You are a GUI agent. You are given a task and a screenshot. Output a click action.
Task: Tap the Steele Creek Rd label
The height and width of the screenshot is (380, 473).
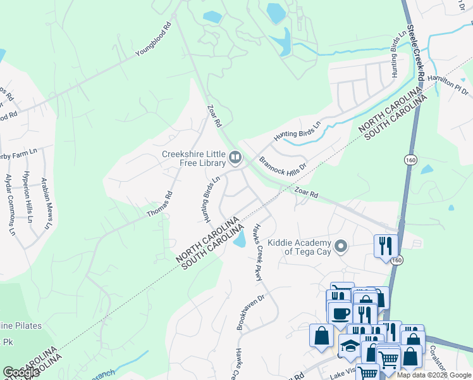[x=415, y=52]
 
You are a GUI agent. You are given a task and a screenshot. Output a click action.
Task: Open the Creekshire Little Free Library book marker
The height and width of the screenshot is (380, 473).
[x=235, y=156]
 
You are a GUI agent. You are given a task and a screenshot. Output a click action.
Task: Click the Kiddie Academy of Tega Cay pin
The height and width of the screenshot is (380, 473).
[x=341, y=245]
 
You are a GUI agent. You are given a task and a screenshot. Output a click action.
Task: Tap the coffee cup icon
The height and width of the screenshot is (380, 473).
[x=340, y=313]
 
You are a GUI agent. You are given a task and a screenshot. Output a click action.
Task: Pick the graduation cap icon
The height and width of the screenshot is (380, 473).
[x=349, y=345]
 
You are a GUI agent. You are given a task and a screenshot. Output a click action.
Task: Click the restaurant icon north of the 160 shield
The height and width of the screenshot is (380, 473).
[x=386, y=244]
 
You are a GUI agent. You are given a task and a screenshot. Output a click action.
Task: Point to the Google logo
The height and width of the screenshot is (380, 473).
[x=21, y=372]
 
